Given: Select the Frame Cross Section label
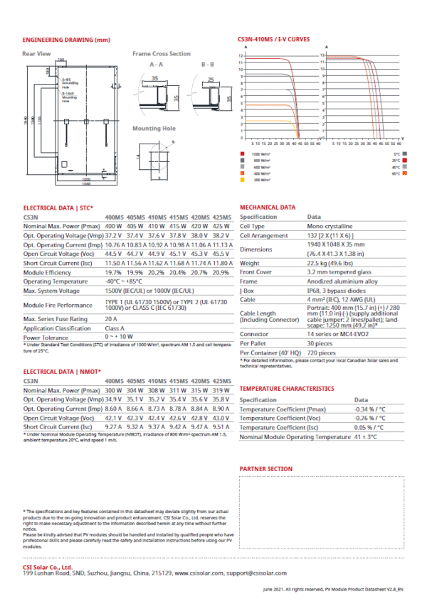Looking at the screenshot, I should [162, 54].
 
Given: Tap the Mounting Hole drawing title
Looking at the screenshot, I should [154, 129].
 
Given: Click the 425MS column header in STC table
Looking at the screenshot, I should [222, 216].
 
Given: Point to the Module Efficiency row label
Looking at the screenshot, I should [49, 272].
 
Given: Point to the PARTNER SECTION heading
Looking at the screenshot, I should [266, 469].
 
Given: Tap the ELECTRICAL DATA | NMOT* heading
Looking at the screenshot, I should [63, 372].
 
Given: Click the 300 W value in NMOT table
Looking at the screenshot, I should [114, 391].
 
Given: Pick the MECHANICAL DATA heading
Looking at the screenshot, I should [268, 207].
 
